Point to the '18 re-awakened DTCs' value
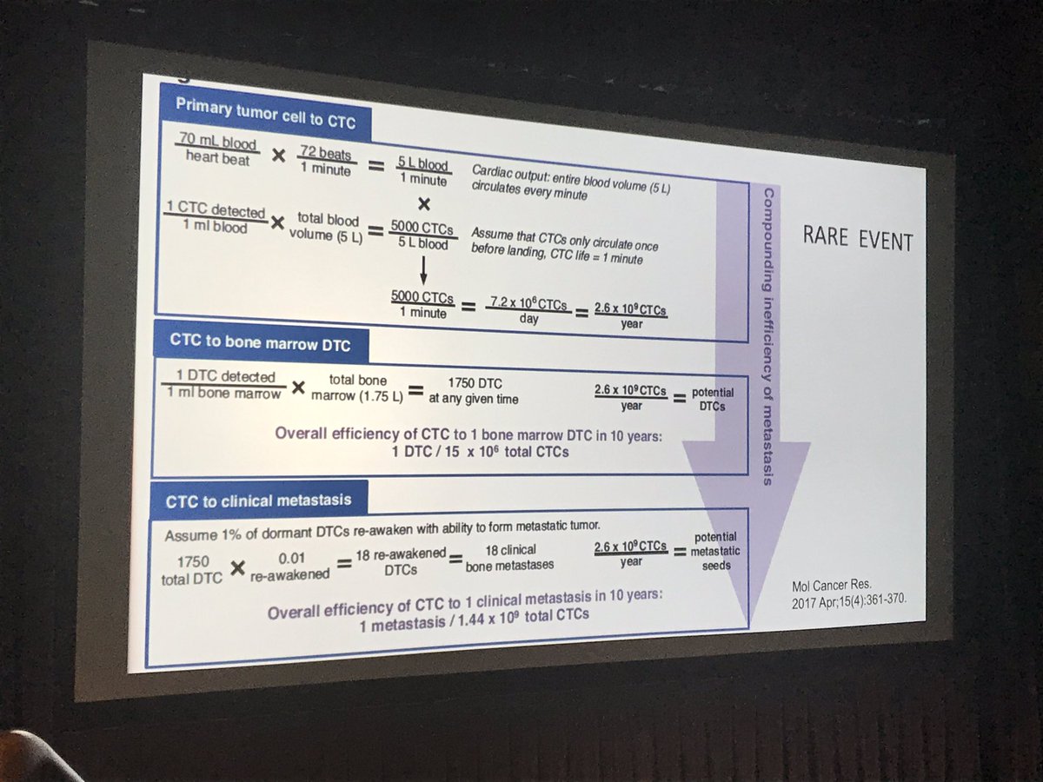tap(399, 560)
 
